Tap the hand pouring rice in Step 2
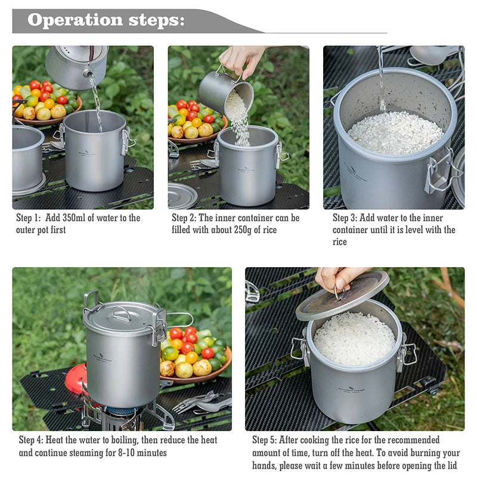pos(241,58)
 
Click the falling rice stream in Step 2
pos(240,122)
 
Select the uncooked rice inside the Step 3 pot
pos(395,133)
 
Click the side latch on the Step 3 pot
pos(440,173)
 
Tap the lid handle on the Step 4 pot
pos(122,312)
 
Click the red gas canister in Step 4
pos(76,379)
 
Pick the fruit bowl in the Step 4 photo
pos(194,358)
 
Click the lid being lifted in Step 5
pos(342,295)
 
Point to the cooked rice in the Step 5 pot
pos(354,338)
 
